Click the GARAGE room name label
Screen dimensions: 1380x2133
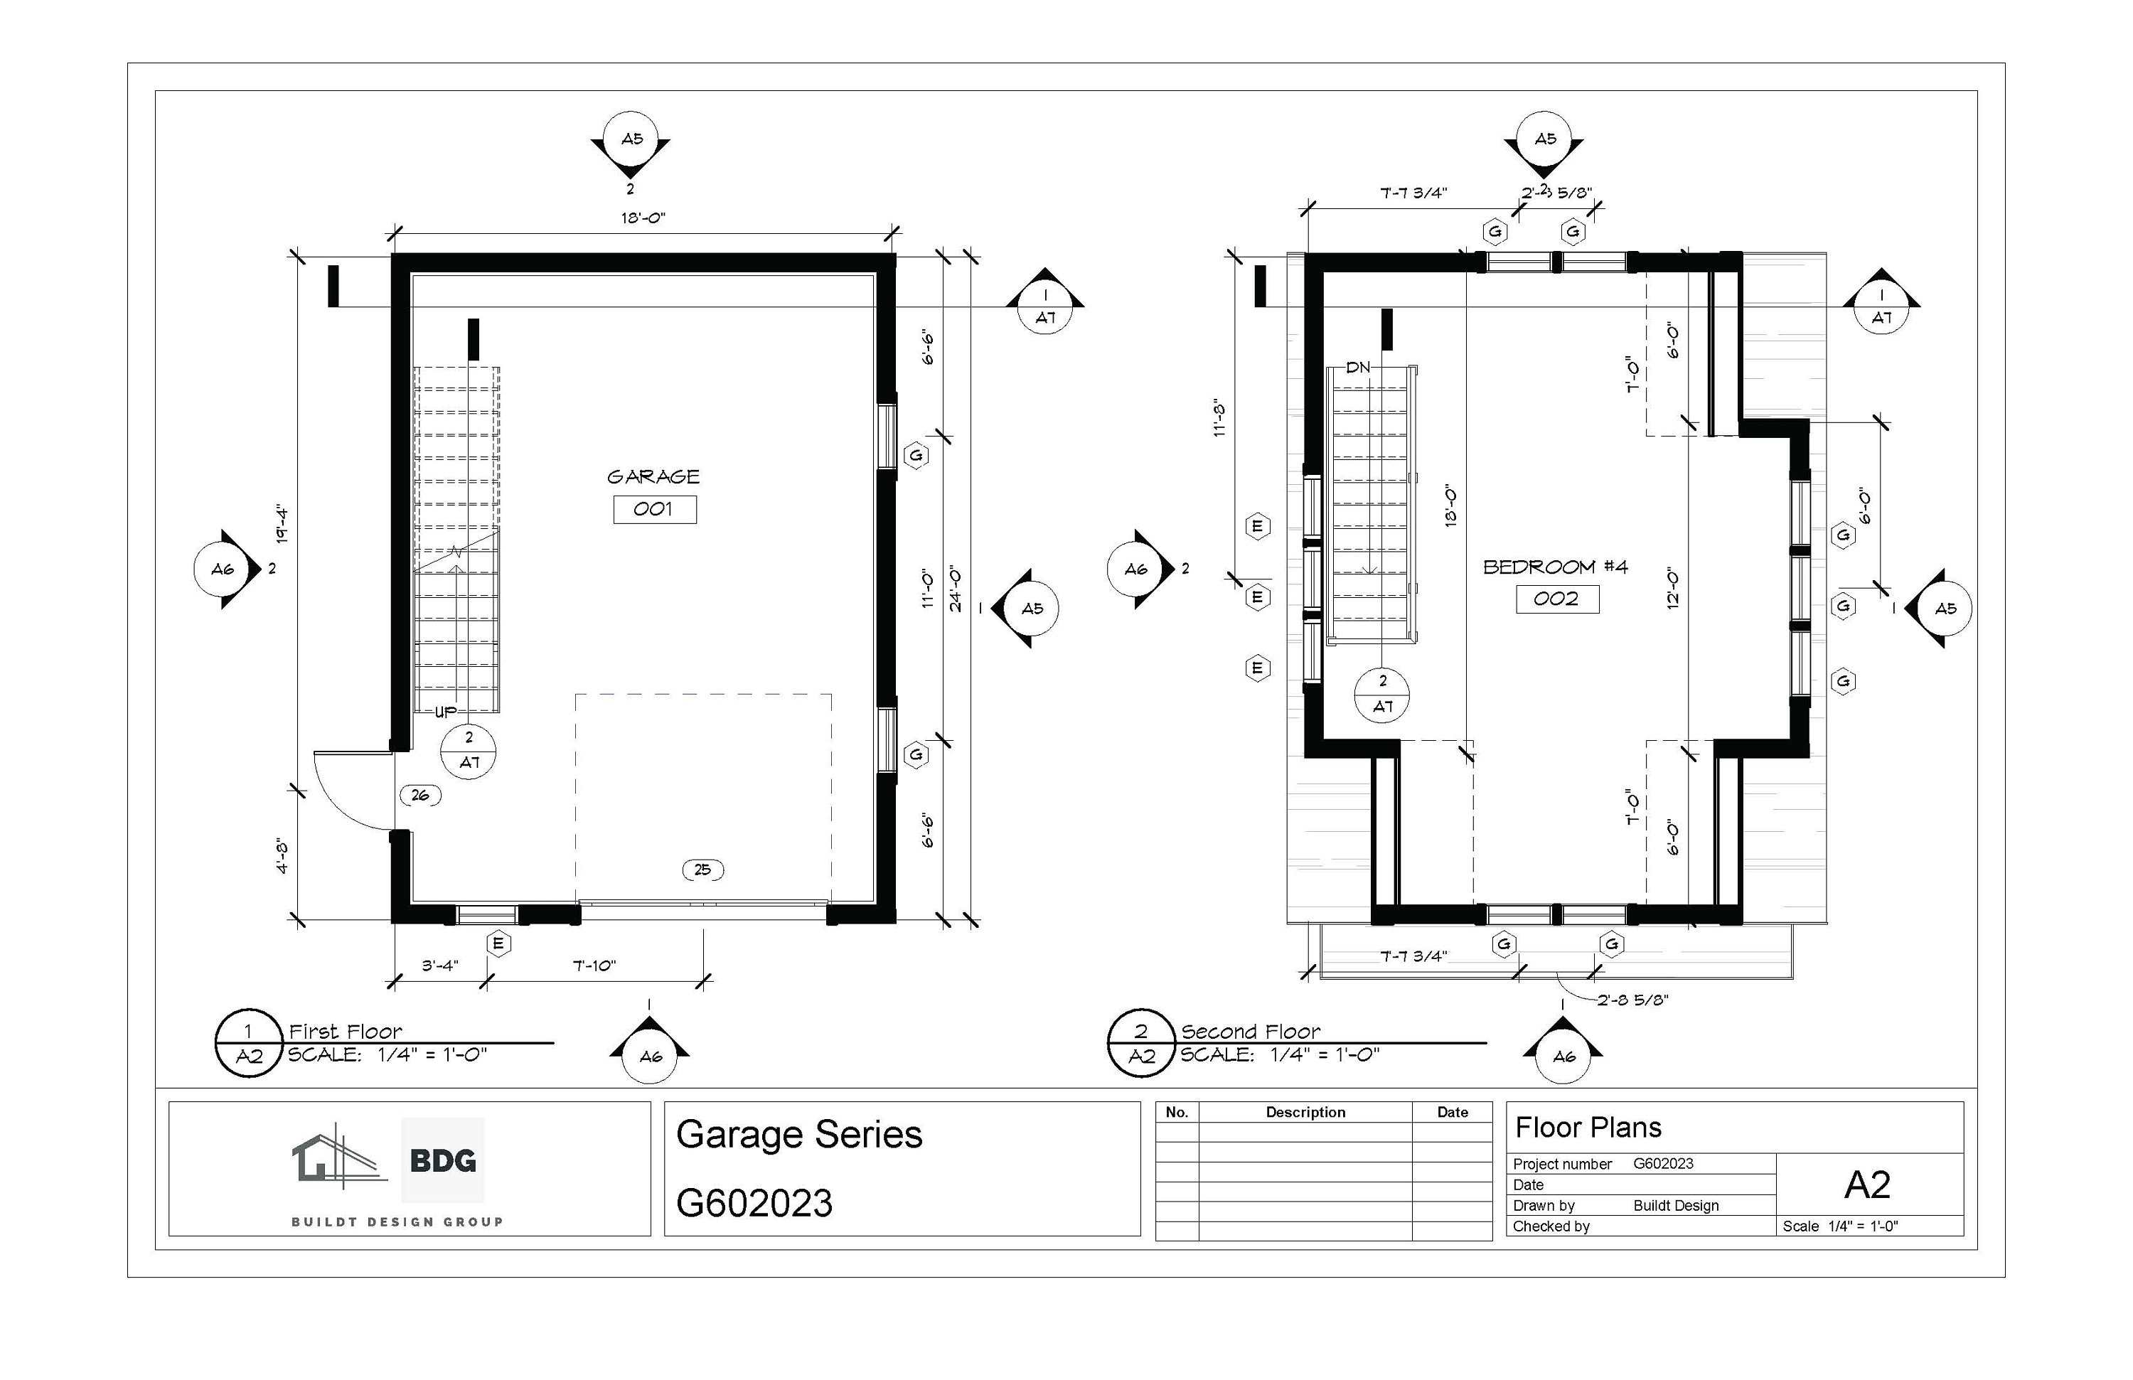point(653,477)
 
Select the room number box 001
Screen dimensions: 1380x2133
point(654,509)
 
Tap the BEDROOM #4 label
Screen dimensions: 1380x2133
point(1555,567)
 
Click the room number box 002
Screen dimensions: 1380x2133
point(1556,599)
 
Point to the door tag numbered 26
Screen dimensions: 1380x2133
point(419,795)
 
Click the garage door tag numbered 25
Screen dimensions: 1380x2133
point(702,870)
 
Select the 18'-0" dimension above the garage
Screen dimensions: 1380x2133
point(643,218)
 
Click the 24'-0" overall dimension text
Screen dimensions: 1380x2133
point(956,589)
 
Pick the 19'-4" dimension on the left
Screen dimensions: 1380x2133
point(282,525)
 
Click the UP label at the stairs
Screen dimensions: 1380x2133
point(445,712)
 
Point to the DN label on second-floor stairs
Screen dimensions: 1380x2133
point(1358,368)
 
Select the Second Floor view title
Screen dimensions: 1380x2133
point(1250,1032)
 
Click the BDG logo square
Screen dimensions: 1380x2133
point(443,1160)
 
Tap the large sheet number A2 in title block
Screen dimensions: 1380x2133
point(1867,1184)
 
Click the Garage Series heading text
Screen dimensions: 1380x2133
point(798,1135)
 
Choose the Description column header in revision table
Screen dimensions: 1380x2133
point(1305,1112)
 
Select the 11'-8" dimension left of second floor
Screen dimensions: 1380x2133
point(1219,417)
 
